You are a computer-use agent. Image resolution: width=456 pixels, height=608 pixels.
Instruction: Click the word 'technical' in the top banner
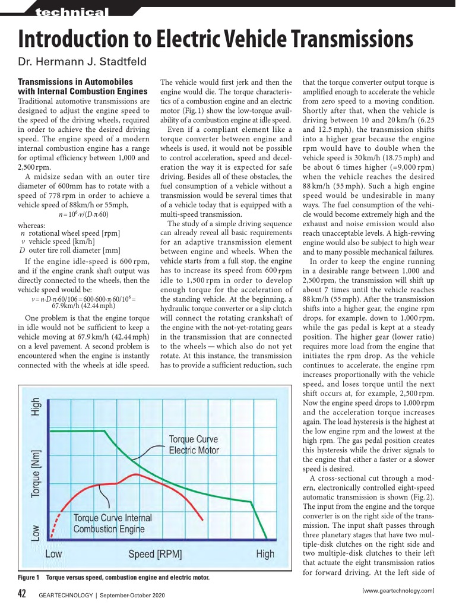(x=72, y=12)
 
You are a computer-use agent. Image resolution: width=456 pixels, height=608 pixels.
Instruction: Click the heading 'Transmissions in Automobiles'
(x=75, y=82)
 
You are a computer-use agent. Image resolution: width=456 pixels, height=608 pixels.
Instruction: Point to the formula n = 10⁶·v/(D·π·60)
(x=84, y=214)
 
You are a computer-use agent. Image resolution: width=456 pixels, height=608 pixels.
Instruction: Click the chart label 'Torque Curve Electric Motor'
(x=193, y=445)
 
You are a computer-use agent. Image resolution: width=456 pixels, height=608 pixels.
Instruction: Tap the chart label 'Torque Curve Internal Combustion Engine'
(x=112, y=524)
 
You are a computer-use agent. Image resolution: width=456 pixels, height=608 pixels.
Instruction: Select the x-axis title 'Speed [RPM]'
(x=155, y=555)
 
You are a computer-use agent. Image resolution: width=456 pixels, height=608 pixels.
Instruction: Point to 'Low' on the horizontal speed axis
(x=53, y=555)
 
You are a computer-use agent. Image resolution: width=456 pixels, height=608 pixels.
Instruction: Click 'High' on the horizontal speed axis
(x=265, y=555)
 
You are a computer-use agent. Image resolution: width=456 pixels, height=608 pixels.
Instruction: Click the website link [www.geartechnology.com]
(x=398, y=591)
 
